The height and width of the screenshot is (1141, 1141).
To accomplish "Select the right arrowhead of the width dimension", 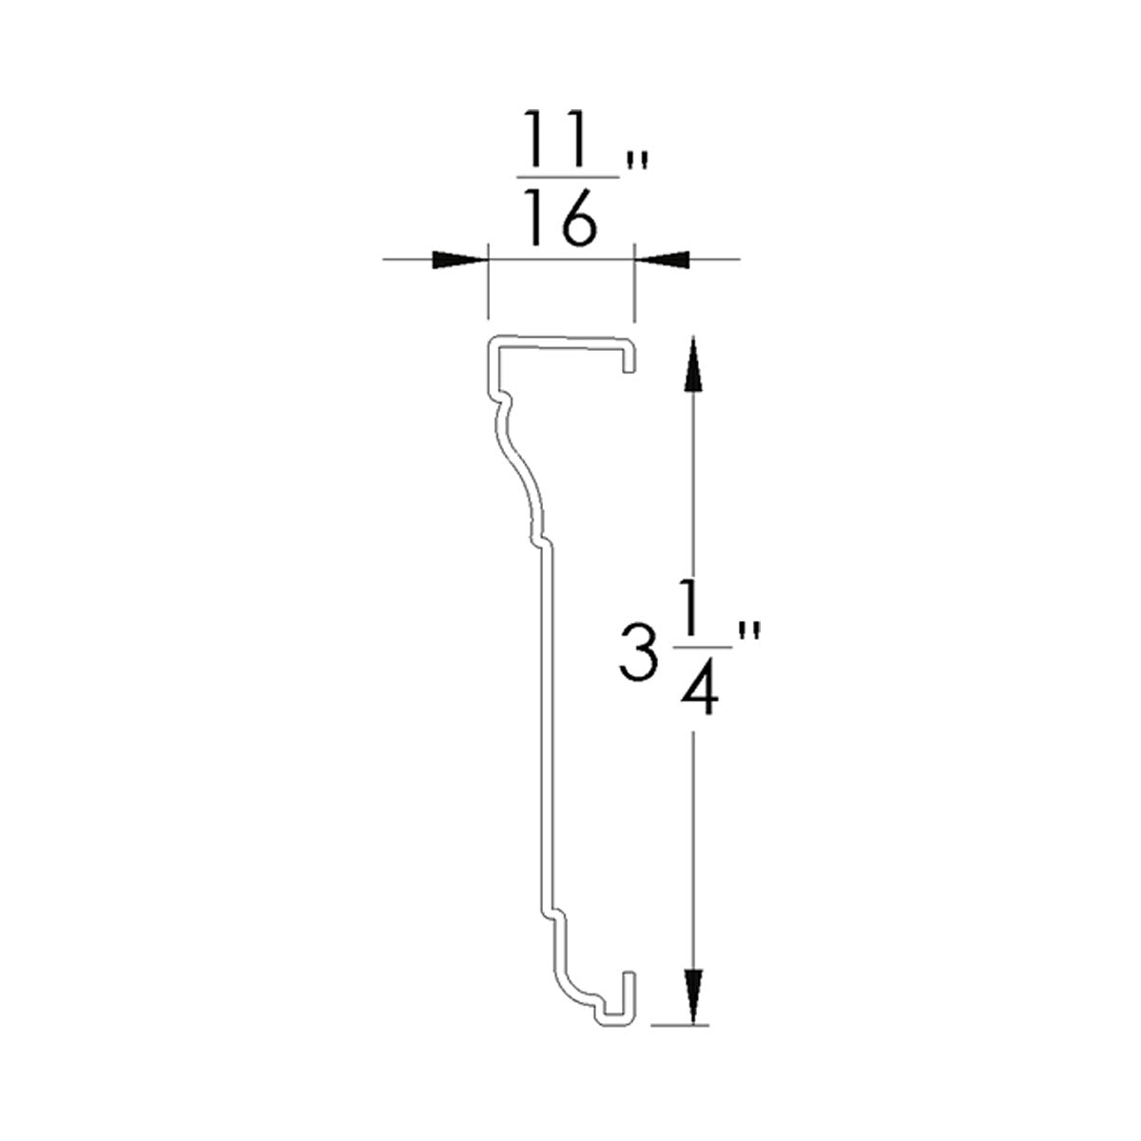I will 662,259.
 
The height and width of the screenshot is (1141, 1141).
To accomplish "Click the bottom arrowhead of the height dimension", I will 694,994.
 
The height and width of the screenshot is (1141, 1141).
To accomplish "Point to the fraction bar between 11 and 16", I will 569,178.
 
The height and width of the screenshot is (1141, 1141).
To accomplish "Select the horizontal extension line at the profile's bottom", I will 681,1025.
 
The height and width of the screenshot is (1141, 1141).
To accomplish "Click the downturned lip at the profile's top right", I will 629,357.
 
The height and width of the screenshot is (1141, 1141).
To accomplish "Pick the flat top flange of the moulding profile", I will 561,340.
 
